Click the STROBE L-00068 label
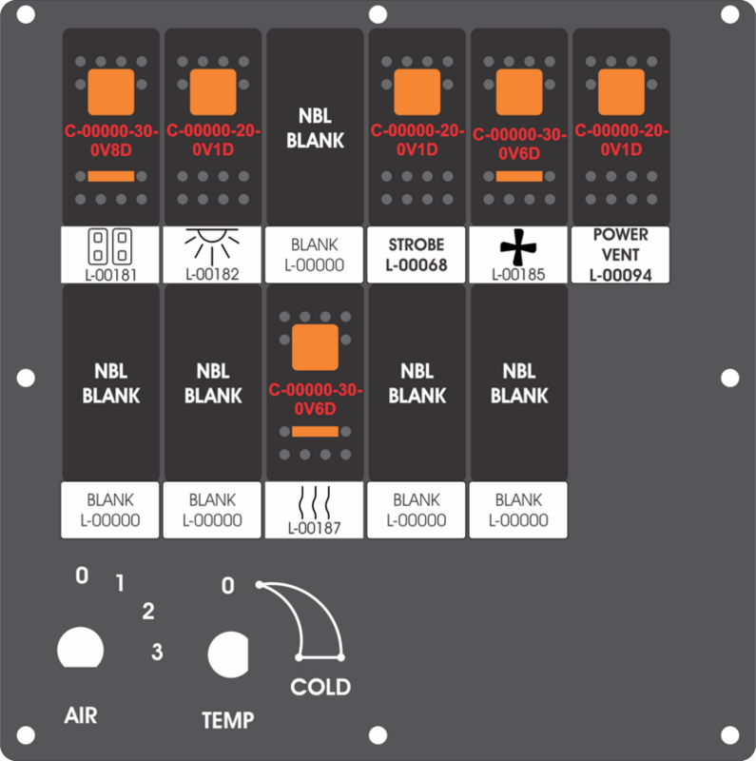pyautogui.click(x=417, y=255)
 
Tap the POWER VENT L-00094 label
pyautogui.click(x=621, y=255)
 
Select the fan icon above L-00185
pyautogui.click(x=518, y=247)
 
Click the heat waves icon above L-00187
pyautogui.click(x=315, y=503)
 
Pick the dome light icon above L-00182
pyautogui.click(x=212, y=246)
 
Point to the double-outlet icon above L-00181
pyautogui.click(x=110, y=246)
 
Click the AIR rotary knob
pyautogui.click(x=81, y=648)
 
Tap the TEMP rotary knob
pyautogui.click(x=228, y=654)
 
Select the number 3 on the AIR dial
pyautogui.click(x=157, y=652)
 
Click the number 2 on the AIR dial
pyautogui.click(x=148, y=611)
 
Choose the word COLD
pyautogui.click(x=320, y=687)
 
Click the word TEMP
pyautogui.click(x=227, y=720)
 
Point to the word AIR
pyautogui.click(x=81, y=716)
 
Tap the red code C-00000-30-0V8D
pyautogui.click(x=111, y=140)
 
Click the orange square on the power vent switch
pyautogui.click(x=621, y=91)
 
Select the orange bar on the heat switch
pyautogui.click(x=315, y=432)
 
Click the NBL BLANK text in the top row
pyautogui.click(x=315, y=128)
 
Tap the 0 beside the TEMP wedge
pyautogui.click(x=227, y=586)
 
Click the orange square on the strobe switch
pyautogui.click(x=417, y=91)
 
